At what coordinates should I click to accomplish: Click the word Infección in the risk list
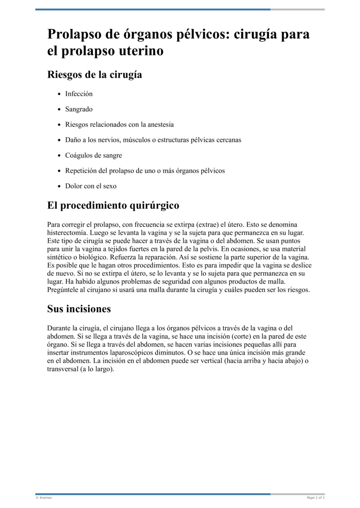(x=79, y=94)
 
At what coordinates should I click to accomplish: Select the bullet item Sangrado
(x=79, y=109)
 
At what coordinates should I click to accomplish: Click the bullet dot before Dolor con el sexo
(x=60, y=186)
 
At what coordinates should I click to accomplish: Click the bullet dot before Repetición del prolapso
(x=60, y=171)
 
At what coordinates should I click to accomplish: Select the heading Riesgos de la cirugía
(x=94, y=75)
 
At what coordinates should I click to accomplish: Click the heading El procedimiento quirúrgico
(x=113, y=205)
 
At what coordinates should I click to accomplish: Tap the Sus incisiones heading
(x=79, y=309)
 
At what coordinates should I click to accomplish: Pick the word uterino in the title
(x=141, y=51)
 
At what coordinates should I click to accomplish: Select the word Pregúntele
(x=64, y=290)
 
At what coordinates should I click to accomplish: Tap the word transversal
(x=63, y=369)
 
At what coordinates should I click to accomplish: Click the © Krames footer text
(x=44, y=497)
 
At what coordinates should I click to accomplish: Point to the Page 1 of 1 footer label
(x=315, y=497)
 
